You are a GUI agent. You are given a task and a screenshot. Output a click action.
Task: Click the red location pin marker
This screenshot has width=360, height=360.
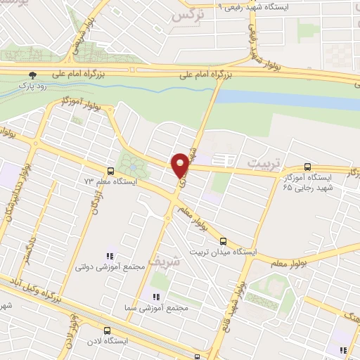tap(181, 165)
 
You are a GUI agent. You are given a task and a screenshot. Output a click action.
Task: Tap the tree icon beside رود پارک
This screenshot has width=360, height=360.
tap(32, 75)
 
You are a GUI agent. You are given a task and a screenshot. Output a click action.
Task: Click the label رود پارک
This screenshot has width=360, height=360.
tap(32, 86)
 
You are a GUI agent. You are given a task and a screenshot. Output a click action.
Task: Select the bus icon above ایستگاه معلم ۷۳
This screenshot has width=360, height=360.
tap(110, 171)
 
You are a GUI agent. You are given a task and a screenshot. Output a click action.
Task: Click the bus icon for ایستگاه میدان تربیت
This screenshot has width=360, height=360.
tap(224, 241)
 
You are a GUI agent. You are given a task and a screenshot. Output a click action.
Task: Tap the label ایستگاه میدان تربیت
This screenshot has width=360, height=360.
tap(223, 252)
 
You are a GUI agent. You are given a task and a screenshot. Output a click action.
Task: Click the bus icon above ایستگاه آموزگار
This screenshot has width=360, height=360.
tap(307, 167)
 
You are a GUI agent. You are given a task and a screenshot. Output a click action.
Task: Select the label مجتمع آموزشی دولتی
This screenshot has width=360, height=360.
tap(109, 267)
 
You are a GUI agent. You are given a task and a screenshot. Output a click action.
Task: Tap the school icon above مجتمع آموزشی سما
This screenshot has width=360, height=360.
tap(155, 297)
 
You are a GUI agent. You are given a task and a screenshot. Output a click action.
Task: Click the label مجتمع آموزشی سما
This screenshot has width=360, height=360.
tap(165, 308)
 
